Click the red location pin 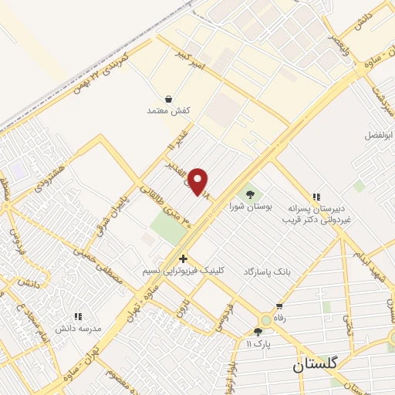(x=198, y=181)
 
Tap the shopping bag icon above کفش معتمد (x=169, y=98)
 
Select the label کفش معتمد (x=168, y=111)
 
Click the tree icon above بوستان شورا (x=249, y=193)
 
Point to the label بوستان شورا (x=247, y=206)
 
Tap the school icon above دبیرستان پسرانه (x=316, y=197)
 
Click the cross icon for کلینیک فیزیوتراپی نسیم (x=184, y=258)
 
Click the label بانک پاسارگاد (x=271, y=272)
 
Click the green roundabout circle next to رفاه (x=266, y=319)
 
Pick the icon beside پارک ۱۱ (x=258, y=333)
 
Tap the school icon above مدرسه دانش (x=77, y=316)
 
